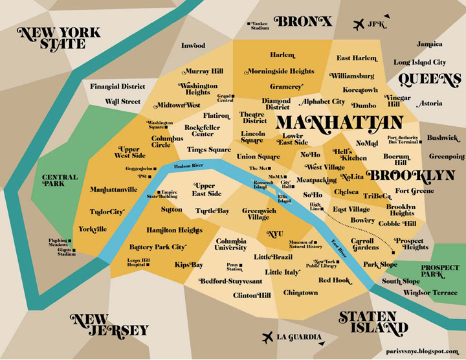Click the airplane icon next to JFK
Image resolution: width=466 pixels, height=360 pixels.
click(358, 25)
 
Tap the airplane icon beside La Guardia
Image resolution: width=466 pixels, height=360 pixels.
click(267, 337)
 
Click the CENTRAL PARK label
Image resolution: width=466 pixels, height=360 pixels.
click(60, 181)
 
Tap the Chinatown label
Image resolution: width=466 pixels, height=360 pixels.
click(300, 293)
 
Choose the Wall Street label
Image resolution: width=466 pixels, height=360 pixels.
click(123, 102)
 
